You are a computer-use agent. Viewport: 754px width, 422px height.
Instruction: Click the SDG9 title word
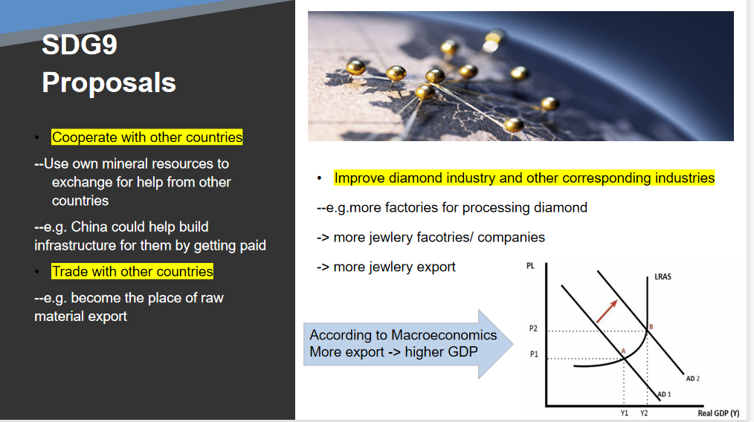point(80,45)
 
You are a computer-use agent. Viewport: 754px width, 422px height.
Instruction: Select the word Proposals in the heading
point(109,82)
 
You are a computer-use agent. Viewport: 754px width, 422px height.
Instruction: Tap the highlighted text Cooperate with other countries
point(146,137)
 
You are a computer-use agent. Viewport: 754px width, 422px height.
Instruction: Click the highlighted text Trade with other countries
point(132,272)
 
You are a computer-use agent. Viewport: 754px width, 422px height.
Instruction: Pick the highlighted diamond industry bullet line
point(524,178)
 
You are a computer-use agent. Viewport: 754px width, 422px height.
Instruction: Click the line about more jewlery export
point(386,267)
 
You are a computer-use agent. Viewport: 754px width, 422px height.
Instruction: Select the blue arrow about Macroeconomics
point(408,344)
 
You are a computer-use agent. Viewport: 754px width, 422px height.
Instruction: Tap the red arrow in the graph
point(607,311)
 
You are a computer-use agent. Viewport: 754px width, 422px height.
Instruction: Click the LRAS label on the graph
point(663,277)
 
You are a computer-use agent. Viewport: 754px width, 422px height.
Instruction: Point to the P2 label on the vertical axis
point(533,328)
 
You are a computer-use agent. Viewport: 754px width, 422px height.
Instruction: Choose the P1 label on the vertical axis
point(534,354)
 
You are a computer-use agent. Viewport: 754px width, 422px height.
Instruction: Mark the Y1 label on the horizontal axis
point(624,413)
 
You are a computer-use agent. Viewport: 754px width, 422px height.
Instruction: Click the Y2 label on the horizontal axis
point(644,413)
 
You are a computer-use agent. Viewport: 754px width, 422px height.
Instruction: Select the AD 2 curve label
point(693,378)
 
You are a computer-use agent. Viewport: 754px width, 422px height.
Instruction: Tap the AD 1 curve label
point(664,394)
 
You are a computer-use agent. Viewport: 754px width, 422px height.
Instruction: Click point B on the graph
point(651,327)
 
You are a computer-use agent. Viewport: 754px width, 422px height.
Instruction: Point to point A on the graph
point(623,351)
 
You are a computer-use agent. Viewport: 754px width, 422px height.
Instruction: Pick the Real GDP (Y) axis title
point(718,413)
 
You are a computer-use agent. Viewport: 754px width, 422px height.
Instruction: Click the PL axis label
point(530,266)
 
